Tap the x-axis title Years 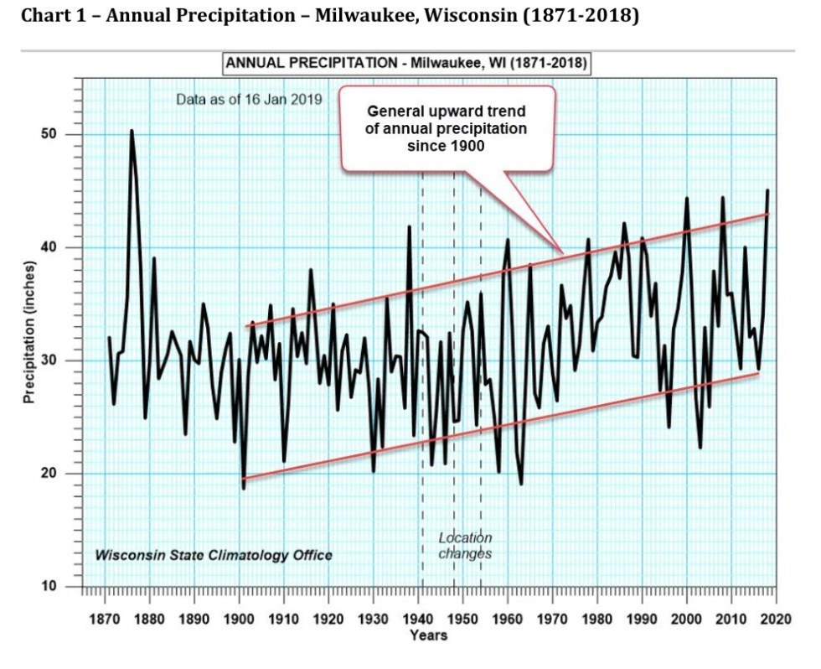(x=428, y=635)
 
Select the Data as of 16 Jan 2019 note (x=249, y=100)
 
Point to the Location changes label (x=465, y=546)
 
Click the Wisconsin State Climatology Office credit (x=214, y=555)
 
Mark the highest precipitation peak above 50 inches (x=132, y=131)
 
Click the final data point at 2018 (x=767, y=191)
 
